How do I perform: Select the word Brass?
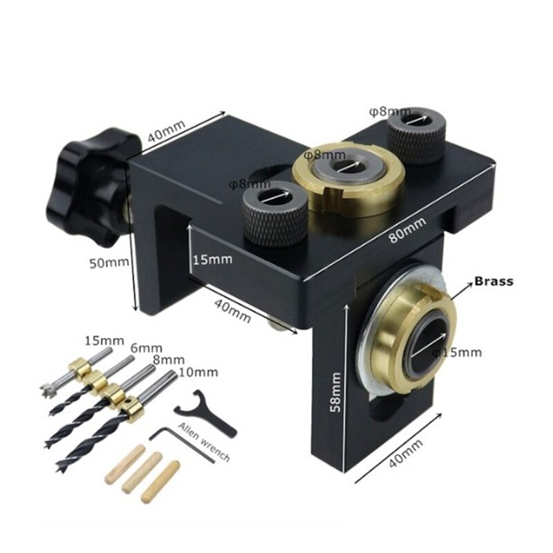pos(493,281)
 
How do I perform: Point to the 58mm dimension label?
pos(335,391)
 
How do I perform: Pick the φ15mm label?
pos(456,353)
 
